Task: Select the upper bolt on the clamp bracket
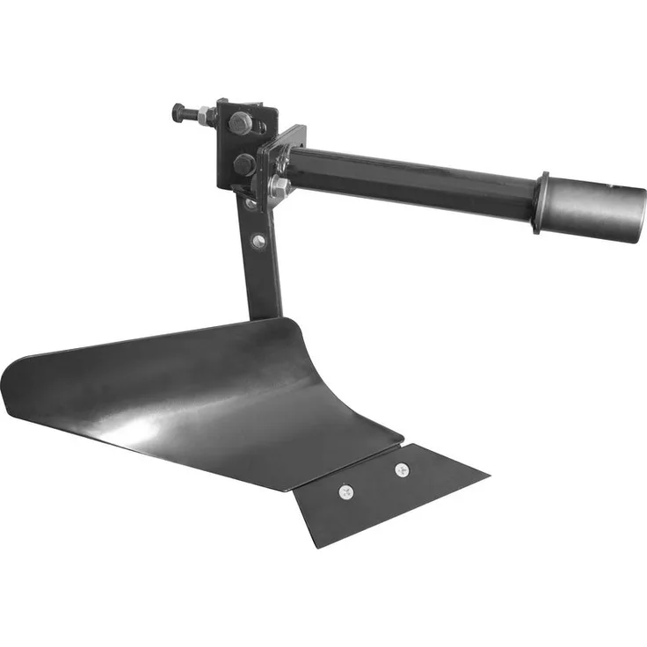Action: [x=240, y=123]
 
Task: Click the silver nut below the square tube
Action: [x=280, y=186]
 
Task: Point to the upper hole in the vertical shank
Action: [x=251, y=204]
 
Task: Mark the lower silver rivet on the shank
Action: [x=258, y=240]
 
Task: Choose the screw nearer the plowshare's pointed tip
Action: [x=402, y=469]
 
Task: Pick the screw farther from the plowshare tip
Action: [x=345, y=492]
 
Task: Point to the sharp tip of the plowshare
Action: [x=486, y=480]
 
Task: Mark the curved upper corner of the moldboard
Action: [x=290, y=326]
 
